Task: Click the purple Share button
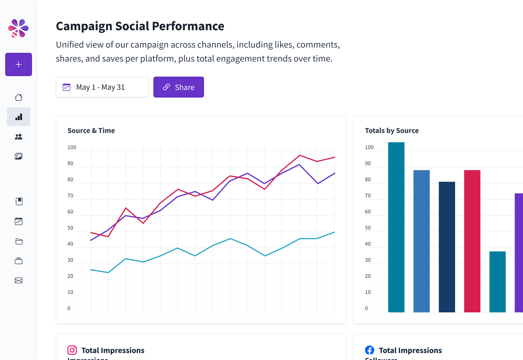178,87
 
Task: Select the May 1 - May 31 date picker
102,87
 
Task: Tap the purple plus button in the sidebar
19,64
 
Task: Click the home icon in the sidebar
19,97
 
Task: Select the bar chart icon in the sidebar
19,117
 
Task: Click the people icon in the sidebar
19,137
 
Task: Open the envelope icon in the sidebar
19,280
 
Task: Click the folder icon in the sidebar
19,241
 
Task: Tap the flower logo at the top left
18,28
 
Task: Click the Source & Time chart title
91,131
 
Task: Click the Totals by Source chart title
392,131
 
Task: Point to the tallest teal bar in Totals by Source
396,226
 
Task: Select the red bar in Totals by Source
472,241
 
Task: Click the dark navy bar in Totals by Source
447,247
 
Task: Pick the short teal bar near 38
497,282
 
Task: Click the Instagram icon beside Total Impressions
72,350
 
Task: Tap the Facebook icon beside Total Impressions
370,350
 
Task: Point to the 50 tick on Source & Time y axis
70,228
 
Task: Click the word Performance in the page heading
188,26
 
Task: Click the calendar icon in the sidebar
19,221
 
